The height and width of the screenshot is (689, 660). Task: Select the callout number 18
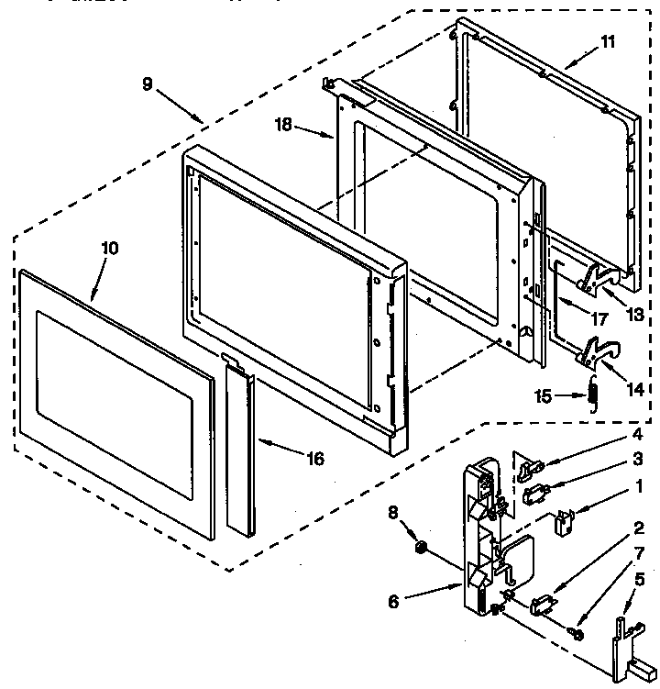pos(285,125)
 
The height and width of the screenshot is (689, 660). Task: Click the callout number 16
pos(314,459)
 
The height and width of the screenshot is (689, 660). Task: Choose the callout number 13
pos(633,314)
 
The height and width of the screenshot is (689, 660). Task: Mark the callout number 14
pos(633,387)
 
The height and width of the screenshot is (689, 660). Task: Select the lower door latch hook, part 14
pos(597,351)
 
